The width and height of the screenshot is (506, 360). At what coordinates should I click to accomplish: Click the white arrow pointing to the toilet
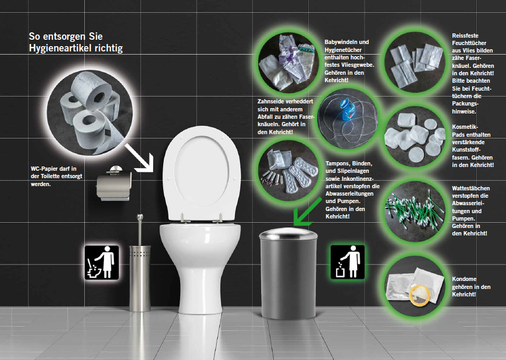click(139, 158)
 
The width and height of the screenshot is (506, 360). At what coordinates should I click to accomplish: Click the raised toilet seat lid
click(202, 173)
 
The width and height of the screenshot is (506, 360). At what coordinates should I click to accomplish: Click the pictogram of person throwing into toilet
click(102, 262)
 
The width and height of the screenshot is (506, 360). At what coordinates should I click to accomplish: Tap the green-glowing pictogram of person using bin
click(348, 262)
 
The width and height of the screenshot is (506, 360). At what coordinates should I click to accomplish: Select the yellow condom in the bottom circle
click(419, 295)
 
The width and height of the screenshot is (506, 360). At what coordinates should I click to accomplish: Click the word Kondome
click(464, 279)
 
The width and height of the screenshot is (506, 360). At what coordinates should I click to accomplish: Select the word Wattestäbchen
click(471, 188)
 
